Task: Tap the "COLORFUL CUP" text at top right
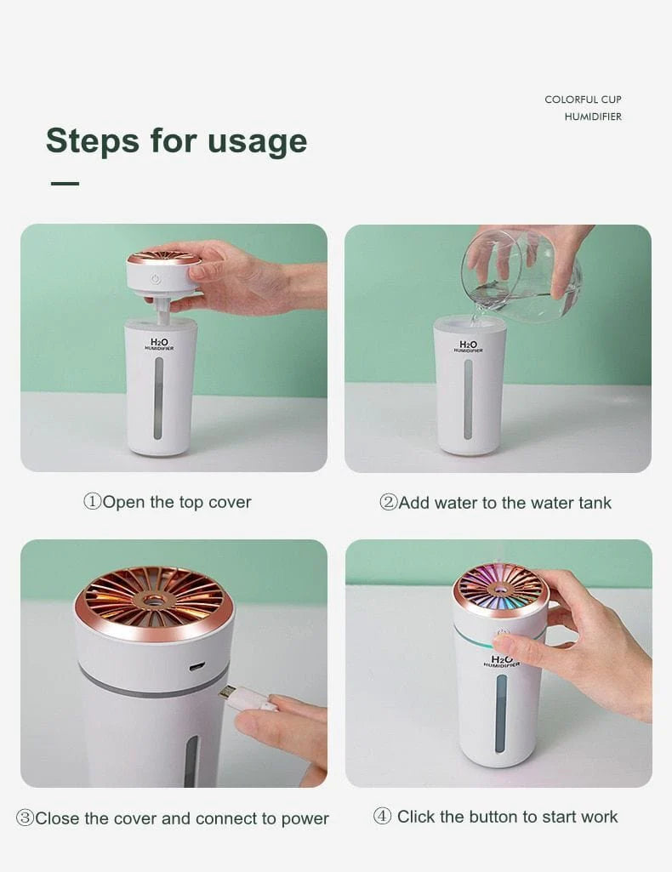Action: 583,100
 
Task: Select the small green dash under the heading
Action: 65,183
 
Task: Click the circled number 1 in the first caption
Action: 92,502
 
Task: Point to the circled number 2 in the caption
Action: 388,503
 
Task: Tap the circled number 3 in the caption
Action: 25,818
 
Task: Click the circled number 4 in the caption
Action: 382,817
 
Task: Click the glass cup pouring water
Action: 521,276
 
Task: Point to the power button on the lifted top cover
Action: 155,278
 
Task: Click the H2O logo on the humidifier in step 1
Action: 159,343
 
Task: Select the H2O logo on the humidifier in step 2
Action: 468,345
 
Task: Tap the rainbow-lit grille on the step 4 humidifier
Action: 500,586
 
